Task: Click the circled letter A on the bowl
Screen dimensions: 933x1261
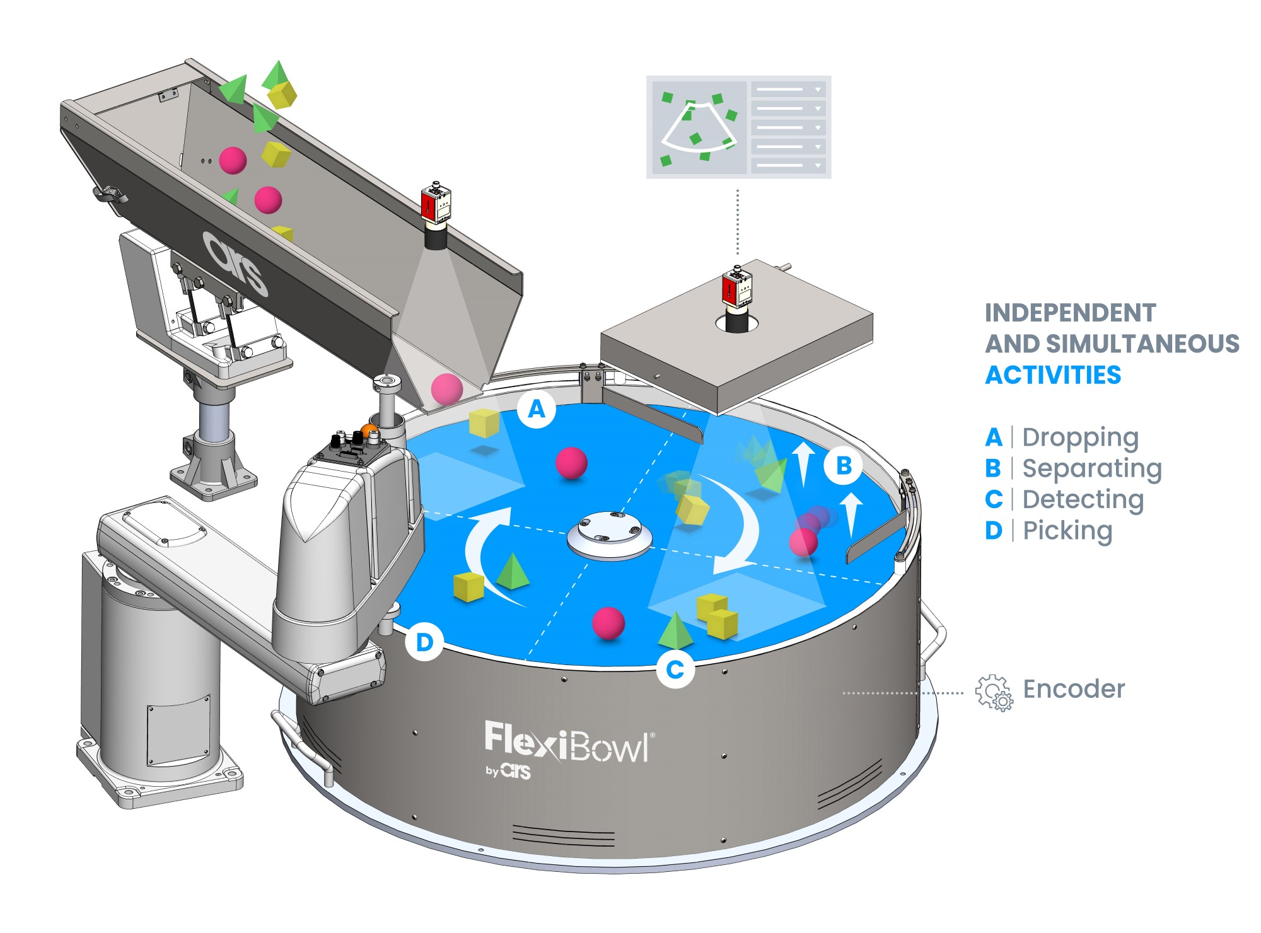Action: [x=537, y=410]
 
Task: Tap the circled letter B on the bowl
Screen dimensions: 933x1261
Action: [x=843, y=466]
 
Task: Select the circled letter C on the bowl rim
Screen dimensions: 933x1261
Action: [x=675, y=669]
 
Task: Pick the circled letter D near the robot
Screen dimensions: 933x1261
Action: [x=424, y=642]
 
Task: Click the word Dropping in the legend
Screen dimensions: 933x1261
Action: [x=1080, y=438]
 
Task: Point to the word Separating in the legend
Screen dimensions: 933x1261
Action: [x=1091, y=468]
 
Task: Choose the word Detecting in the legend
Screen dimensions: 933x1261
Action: [x=1083, y=499]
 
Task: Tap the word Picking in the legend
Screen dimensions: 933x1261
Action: [x=1067, y=531]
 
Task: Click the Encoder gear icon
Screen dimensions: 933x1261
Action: [x=994, y=693]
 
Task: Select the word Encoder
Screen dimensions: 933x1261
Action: [x=1074, y=689]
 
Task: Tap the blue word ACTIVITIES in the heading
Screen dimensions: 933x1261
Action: [x=1053, y=375]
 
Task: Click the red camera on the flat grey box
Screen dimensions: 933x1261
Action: [x=736, y=287]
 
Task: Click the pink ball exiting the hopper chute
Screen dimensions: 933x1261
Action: [x=446, y=388]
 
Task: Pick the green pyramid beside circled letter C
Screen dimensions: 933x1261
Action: [x=675, y=630]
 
